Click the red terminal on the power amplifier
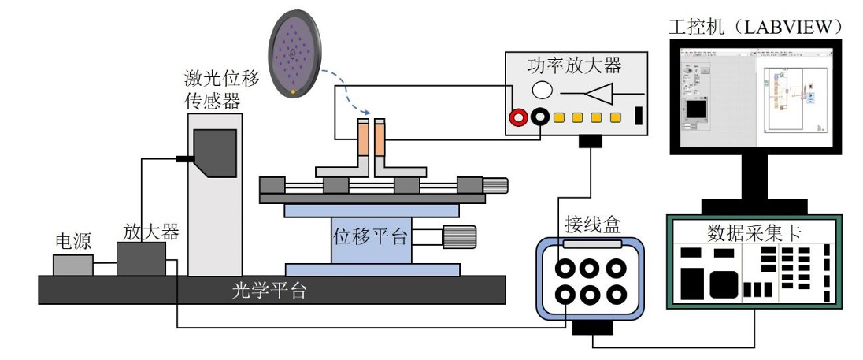519,117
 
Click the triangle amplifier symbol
599,92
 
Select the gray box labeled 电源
73,265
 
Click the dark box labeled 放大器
141,258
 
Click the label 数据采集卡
754,230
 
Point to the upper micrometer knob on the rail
496,186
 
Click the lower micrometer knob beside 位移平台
459,236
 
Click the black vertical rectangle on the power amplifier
638,116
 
